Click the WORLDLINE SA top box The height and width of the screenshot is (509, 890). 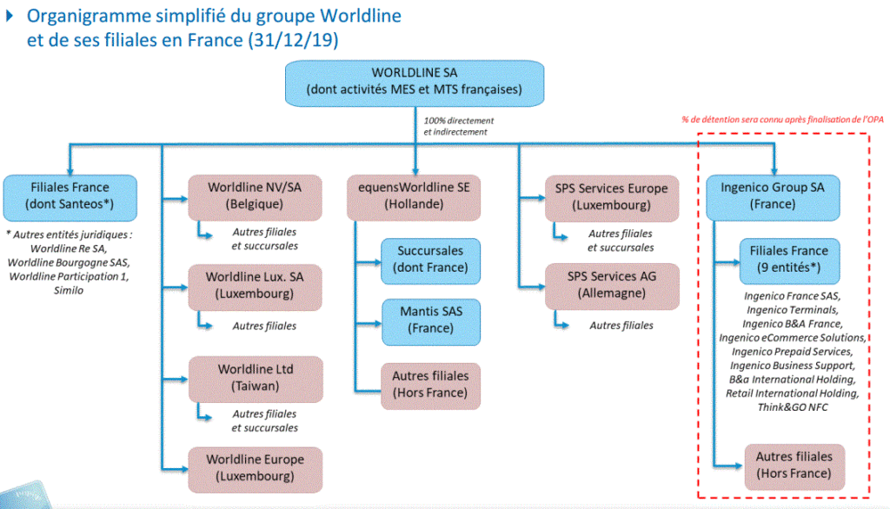pyautogui.click(x=415, y=83)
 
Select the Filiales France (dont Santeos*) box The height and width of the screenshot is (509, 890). pyautogui.click(x=70, y=197)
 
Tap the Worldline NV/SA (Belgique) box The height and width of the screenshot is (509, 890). pyautogui.click(x=255, y=197)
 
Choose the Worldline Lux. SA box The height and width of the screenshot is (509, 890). pyautogui.click(x=255, y=288)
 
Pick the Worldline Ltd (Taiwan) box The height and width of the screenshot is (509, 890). pyautogui.click(x=256, y=379)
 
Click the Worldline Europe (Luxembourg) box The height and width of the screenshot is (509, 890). pyautogui.click(x=256, y=469)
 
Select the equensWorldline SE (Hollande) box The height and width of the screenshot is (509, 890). pyautogui.click(x=414, y=197)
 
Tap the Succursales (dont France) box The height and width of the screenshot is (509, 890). pyautogui.click(x=431, y=261)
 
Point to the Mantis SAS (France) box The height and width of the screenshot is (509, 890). pyautogui.click(x=431, y=321)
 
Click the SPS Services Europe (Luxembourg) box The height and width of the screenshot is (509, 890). pyautogui.click(x=612, y=198)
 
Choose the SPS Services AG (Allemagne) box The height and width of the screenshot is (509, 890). pyautogui.click(x=612, y=287)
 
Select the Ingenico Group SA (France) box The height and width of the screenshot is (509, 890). pyautogui.click(x=773, y=197)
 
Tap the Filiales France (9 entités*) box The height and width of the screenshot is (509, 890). pyautogui.click(x=789, y=261)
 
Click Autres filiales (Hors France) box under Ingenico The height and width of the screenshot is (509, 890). pyautogui.click(x=794, y=466)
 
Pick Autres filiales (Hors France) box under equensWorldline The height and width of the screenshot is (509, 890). pyautogui.click(x=431, y=386)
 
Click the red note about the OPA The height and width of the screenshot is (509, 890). pyautogui.click(x=783, y=120)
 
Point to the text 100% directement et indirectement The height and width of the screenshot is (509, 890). pyautogui.click(x=459, y=126)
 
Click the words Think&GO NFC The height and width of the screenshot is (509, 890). pyautogui.click(x=793, y=407)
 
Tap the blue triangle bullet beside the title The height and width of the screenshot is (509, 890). pyautogui.click(x=10, y=16)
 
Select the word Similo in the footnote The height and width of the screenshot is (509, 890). pyautogui.click(x=69, y=290)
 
